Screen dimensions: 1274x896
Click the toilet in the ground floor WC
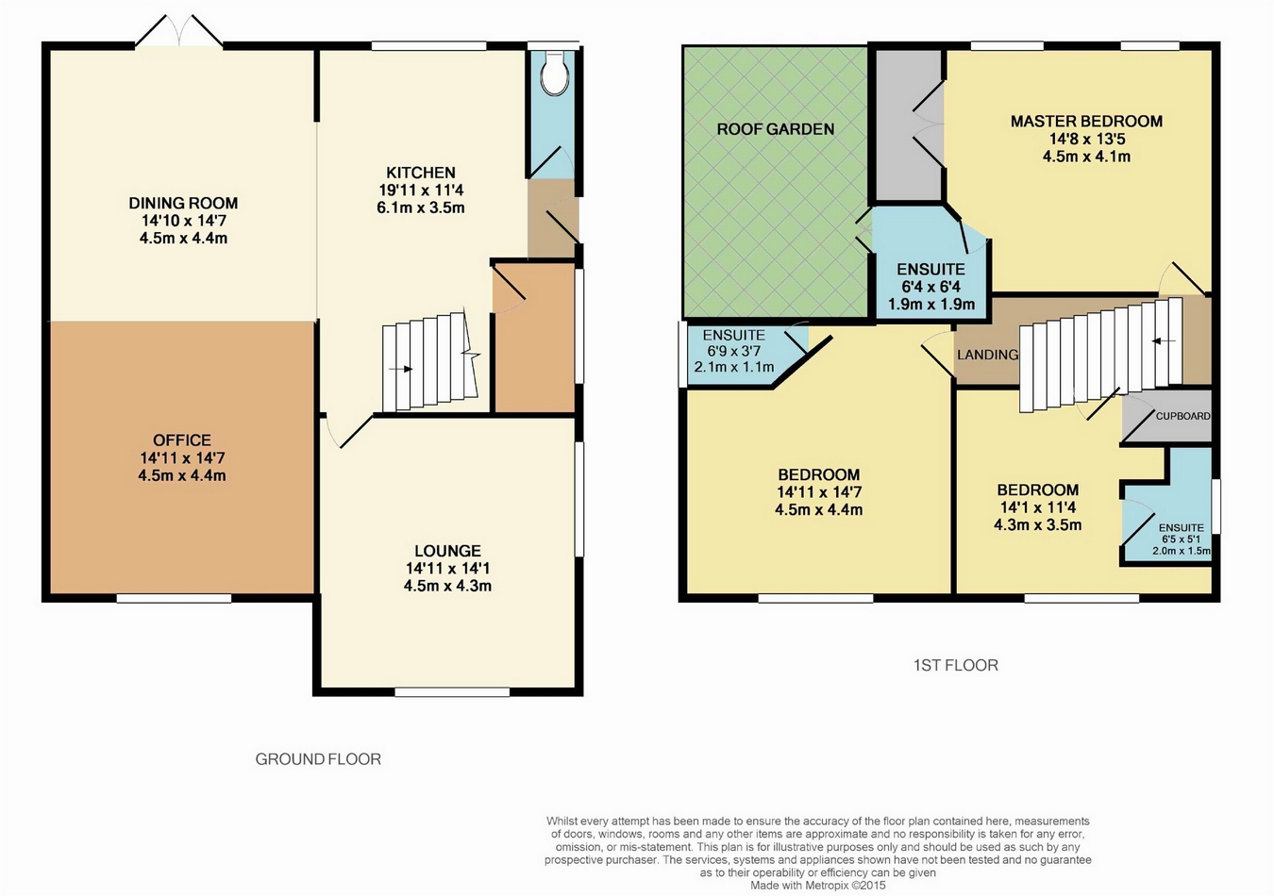tap(554, 74)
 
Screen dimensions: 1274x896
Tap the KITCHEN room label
tap(421, 173)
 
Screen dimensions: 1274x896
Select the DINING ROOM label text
tap(183, 203)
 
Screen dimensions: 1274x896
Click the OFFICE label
tap(182, 440)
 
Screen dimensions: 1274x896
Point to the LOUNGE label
tap(447, 551)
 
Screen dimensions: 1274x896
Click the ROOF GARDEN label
tap(776, 129)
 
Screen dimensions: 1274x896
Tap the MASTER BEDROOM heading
tap(1086, 121)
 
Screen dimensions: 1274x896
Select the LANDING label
tap(987, 355)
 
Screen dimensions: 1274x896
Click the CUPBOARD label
tap(1183, 416)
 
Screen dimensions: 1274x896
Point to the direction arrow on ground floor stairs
tap(401, 369)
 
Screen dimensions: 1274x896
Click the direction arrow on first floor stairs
tap(1164, 341)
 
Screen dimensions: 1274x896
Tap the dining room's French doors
tap(179, 31)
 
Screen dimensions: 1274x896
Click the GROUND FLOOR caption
tap(318, 759)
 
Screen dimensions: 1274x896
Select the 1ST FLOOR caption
tap(955, 665)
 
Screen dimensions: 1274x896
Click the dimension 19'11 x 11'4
tap(421, 190)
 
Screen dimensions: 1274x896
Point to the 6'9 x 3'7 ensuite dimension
tap(733, 352)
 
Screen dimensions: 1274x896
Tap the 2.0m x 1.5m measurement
tap(1182, 551)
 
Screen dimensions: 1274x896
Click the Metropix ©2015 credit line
tap(818, 886)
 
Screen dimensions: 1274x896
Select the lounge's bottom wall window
tap(452, 691)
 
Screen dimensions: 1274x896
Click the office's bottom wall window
tap(174, 598)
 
